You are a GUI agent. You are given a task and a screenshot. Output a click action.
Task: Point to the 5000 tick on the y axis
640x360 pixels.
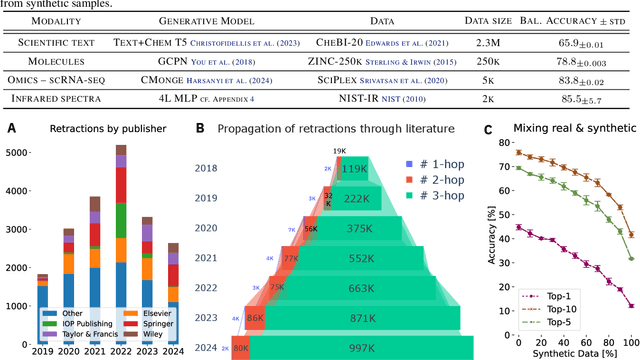pyautogui.click(x=19, y=152)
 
